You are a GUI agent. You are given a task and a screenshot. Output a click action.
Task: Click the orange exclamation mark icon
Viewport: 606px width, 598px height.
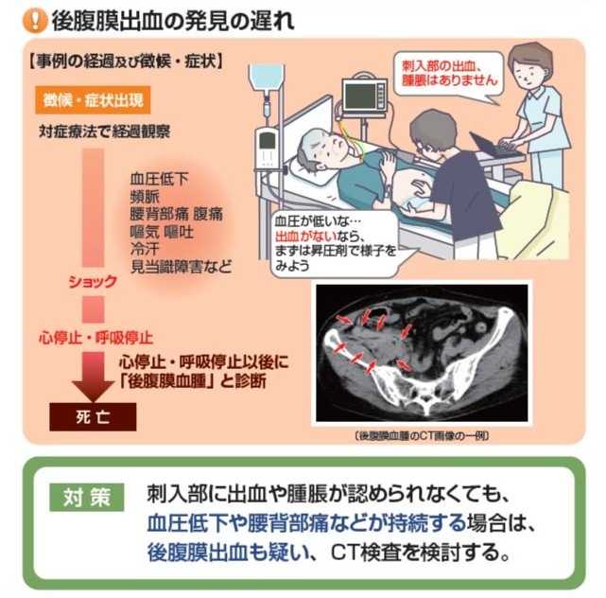tap(34, 21)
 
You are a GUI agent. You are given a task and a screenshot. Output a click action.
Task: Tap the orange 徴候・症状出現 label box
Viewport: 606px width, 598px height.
tap(93, 100)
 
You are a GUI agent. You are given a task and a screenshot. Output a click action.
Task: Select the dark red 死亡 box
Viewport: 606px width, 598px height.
tap(93, 416)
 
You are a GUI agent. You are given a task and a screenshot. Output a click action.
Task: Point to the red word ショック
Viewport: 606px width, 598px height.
tap(93, 282)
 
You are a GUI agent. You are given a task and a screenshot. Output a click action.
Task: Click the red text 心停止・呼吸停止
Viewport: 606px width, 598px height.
tap(96, 338)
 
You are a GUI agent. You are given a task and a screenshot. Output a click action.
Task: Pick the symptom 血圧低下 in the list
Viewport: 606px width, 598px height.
tap(159, 179)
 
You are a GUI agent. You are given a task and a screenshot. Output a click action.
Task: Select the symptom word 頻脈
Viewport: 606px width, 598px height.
tap(145, 197)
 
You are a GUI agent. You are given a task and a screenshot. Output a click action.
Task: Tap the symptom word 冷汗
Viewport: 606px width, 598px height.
tap(145, 249)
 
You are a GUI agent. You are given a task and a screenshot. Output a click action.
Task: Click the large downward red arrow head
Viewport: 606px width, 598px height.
tap(93, 390)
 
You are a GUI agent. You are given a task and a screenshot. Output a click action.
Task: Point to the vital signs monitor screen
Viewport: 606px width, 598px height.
tap(360, 96)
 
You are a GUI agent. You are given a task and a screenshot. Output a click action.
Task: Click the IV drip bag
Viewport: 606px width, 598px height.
tap(266, 78)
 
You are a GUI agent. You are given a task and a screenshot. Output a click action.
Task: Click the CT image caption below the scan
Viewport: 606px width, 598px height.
tap(422, 436)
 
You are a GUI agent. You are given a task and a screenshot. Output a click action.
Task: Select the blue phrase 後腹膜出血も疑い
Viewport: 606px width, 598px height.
tap(229, 553)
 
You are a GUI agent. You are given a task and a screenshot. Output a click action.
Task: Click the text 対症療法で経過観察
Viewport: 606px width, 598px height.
tap(104, 132)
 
